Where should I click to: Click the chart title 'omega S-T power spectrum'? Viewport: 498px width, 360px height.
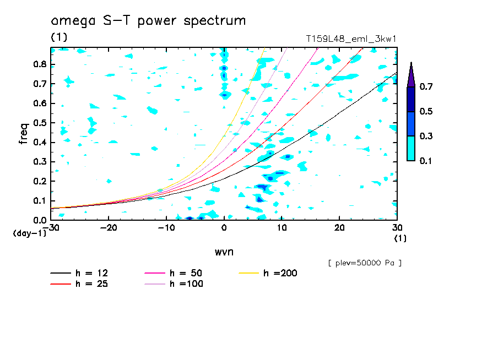pyautogui.click(x=148, y=21)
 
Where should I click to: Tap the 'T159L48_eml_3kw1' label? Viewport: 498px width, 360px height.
pyautogui.click(x=351, y=39)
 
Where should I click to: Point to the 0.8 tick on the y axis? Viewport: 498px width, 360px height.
pyautogui.click(x=39, y=64)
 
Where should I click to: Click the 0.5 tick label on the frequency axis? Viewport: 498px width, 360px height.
pyautogui.click(x=39, y=123)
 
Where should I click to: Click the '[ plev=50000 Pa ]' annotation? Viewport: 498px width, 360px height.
pyautogui.click(x=365, y=263)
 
